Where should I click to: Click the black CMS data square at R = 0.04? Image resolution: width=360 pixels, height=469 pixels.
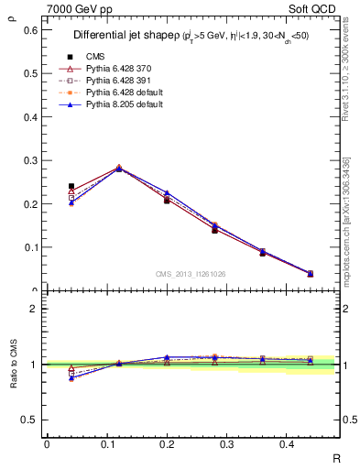tap(71, 186)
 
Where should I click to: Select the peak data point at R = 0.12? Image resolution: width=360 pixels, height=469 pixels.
tap(118, 169)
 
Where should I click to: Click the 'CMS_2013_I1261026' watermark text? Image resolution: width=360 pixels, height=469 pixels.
tap(191, 274)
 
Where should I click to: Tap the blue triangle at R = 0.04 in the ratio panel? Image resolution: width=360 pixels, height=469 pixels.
tap(71, 377)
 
